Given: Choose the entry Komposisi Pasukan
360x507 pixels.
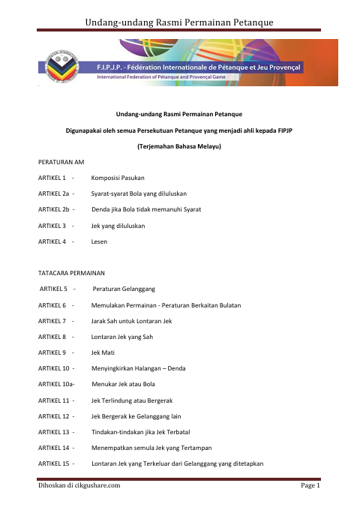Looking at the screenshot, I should (118, 178).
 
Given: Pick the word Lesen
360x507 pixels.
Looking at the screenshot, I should (99, 241).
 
